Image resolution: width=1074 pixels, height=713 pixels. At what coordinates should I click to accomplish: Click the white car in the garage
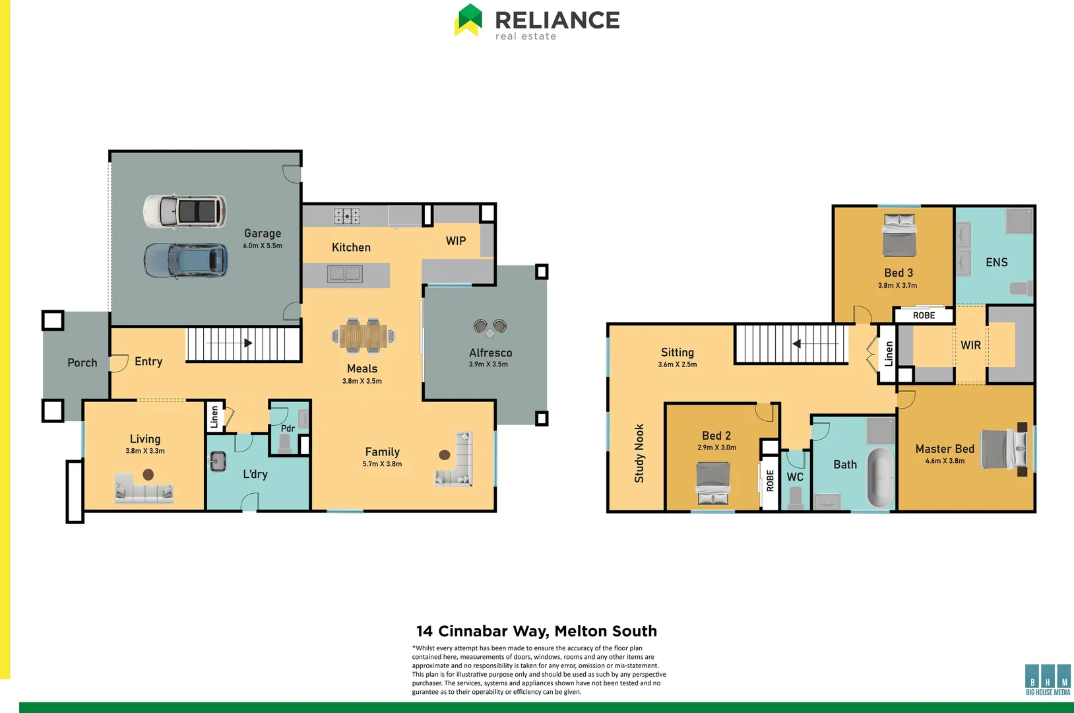click(185, 211)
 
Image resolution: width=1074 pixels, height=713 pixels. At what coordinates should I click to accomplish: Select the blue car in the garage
click(185, 260)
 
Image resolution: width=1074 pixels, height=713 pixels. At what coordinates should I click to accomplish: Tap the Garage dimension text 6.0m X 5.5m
click(263, 246)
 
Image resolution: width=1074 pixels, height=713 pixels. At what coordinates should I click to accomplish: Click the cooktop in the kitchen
click(346, 216)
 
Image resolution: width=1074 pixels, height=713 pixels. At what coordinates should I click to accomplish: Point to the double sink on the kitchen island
click(345, 274)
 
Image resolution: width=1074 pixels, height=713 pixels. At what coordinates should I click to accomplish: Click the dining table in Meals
click(363, 336)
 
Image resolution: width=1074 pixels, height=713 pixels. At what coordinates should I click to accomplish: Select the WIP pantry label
click(456, 241)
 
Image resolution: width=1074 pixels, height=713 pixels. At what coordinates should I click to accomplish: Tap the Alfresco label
click(490, 353)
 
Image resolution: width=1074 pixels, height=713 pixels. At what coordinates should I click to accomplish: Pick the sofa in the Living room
click(144, 489)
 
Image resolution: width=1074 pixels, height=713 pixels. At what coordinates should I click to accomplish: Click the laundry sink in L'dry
click(217, 461)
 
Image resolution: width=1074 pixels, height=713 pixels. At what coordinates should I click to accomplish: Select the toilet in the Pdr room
click(285, 443)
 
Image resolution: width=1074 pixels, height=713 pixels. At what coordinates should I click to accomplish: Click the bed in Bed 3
click(899, 235)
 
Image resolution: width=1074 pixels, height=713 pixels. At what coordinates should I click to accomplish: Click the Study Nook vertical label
click(639, 453)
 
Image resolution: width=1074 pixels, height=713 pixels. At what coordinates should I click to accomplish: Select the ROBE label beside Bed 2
click(769, 480)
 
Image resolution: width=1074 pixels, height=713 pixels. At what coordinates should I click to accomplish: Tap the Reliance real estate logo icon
click(468, 20)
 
